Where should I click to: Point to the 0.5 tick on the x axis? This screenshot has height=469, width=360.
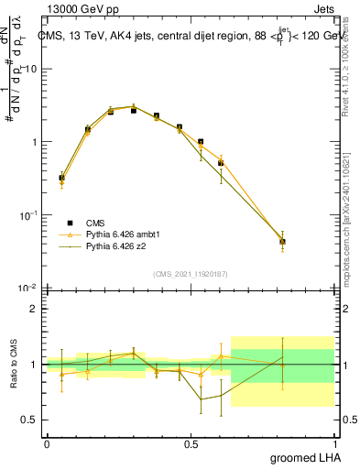191,444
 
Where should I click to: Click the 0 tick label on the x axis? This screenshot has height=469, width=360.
47,444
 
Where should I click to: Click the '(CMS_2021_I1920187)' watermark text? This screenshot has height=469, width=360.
191,273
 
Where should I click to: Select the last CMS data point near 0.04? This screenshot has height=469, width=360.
283,242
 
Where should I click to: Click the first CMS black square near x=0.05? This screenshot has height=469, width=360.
62,178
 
